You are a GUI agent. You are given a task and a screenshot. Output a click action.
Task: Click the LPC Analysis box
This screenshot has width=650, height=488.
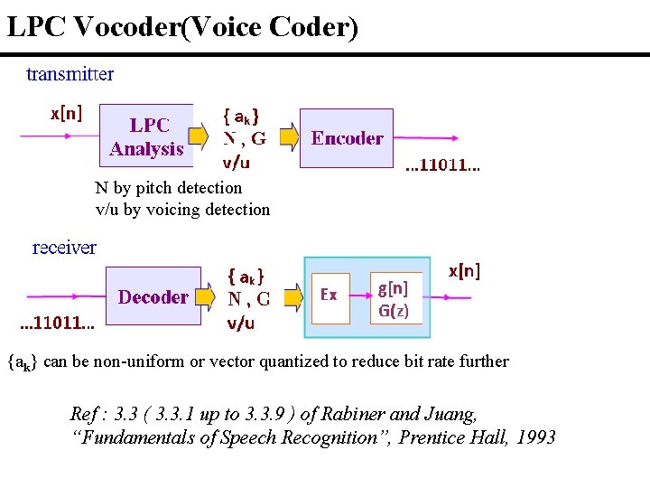(145, 136)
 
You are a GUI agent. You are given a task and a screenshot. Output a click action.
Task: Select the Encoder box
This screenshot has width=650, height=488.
(347, 138)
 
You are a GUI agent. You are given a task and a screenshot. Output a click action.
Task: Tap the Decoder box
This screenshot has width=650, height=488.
(153, 296)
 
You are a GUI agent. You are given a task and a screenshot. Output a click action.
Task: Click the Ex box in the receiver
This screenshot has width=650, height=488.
(330, 296)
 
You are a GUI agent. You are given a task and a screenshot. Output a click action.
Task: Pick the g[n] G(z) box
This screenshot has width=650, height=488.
(395, 298)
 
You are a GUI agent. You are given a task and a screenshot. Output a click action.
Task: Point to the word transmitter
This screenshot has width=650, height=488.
(70, 74)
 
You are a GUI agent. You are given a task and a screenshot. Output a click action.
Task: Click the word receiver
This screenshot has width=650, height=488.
(64, 247)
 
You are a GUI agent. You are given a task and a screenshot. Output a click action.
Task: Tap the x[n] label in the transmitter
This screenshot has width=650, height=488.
(66, 113)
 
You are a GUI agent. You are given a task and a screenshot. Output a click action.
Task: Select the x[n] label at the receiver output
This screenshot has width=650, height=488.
(464, 270)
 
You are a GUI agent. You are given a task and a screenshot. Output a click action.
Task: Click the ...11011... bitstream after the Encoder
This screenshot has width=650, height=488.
(442, 166)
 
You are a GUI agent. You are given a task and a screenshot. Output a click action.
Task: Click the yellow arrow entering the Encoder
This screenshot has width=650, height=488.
(288, 137)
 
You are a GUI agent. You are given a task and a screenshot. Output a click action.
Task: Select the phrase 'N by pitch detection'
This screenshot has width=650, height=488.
(169, 188)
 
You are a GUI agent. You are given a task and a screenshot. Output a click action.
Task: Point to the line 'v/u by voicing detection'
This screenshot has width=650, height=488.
(182, 210)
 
